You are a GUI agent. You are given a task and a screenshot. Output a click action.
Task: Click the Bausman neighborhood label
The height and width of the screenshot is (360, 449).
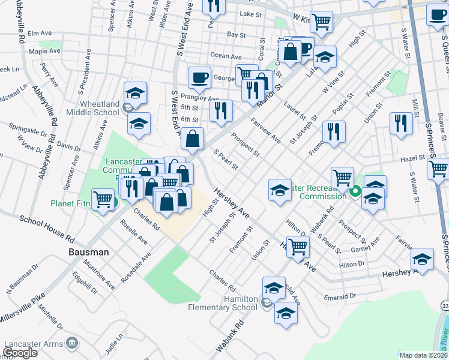[x=88, y=252]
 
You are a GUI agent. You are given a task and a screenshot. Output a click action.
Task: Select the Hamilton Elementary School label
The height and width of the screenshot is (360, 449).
[x=223, y=303]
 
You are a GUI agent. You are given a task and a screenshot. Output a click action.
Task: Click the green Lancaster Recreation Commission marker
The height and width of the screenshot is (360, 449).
[x=355, y=192]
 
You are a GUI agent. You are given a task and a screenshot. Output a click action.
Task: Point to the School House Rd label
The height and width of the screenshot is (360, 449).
[x=46, y=227]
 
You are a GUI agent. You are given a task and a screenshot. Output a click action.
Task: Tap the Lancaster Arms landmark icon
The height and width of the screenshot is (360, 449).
[x=73, y=343]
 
